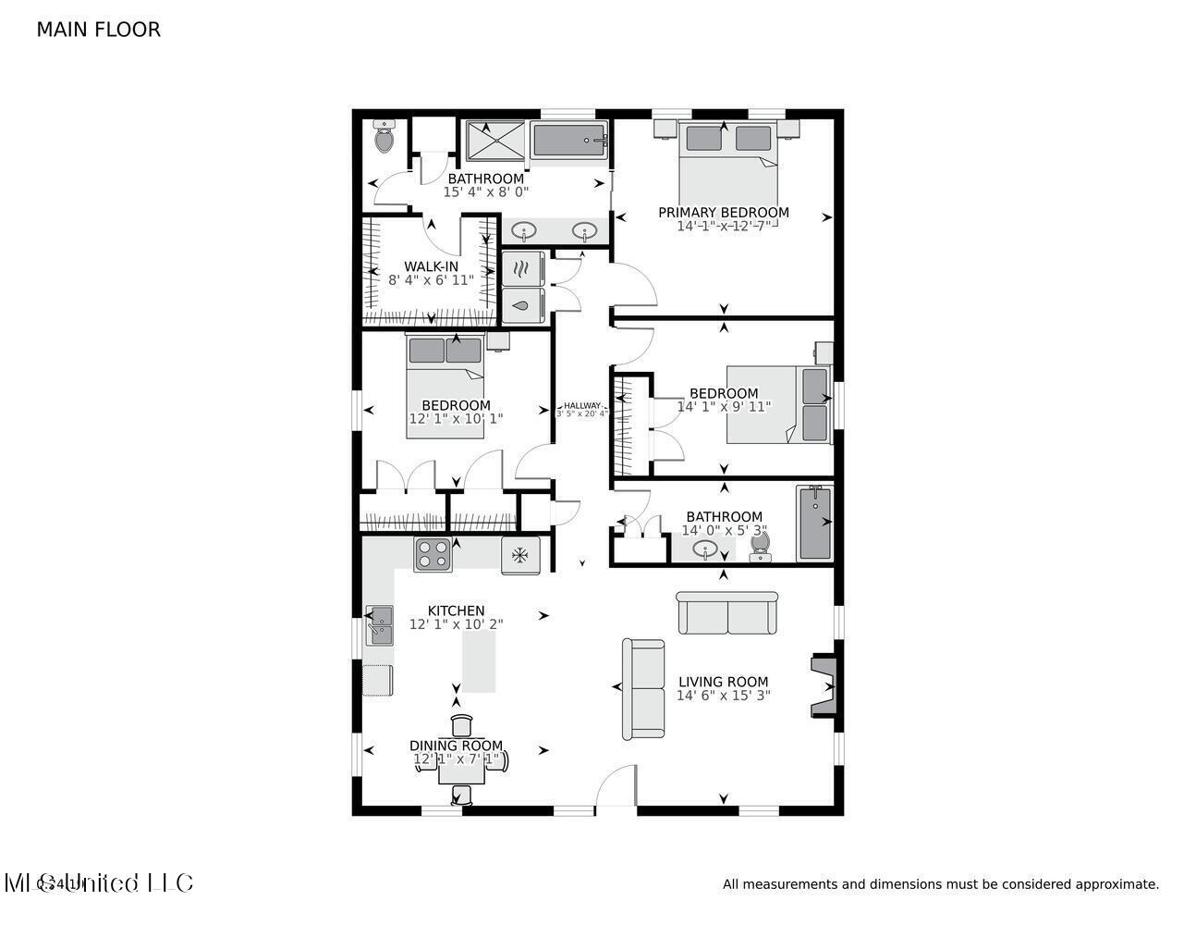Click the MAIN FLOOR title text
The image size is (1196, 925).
click(x=98, y=30)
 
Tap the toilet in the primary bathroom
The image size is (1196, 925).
click(x=384, y=139)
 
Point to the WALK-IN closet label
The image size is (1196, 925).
click(x=431, y=266)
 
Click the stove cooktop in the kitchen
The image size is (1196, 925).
click(x=432, y=554)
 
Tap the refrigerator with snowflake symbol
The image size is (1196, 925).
click(x=520, y=555)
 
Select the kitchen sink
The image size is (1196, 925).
click(x=379, y=625)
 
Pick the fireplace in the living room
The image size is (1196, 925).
click(x=824, y=685)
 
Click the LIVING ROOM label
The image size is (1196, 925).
click(x=723, y=682)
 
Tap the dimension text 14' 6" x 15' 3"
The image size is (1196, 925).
click(x=723, y=696)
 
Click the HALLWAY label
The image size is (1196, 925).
click(x=582, y=405)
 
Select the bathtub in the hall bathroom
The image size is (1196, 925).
click(x=814, y=523)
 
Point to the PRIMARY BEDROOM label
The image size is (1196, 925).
click(x=723, y=212)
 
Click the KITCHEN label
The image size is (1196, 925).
click(x=456, y=610)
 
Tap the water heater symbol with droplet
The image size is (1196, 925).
click(x=522, y=304)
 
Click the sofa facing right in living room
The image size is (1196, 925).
click(x=643, y=689)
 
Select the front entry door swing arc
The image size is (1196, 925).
click(x=616, y=786)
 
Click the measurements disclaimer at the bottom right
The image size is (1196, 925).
click(x=940, y=884)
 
